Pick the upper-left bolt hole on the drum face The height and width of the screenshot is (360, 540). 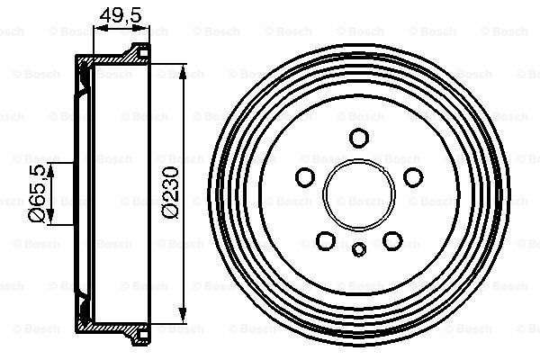(304, 176)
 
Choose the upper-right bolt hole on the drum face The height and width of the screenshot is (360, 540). (413, 176)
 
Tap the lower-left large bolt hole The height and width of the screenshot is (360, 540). (326, 240)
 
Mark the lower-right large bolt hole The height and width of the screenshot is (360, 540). (392, 240)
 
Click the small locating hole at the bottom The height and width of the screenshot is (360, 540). (359, 250)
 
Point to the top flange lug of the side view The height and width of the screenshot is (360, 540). (139, 49)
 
